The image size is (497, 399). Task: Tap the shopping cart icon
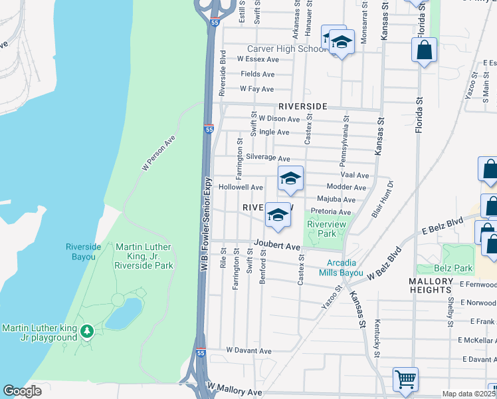405,380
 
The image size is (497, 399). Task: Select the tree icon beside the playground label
86,331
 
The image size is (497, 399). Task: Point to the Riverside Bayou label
83,251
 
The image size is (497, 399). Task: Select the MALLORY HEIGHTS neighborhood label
431,286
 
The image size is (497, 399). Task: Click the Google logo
22,391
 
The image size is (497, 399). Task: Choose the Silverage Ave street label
268,159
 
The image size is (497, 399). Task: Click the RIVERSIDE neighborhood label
302,106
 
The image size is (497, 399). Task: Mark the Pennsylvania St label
344,143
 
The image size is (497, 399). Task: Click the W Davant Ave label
248,350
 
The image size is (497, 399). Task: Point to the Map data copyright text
467,394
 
